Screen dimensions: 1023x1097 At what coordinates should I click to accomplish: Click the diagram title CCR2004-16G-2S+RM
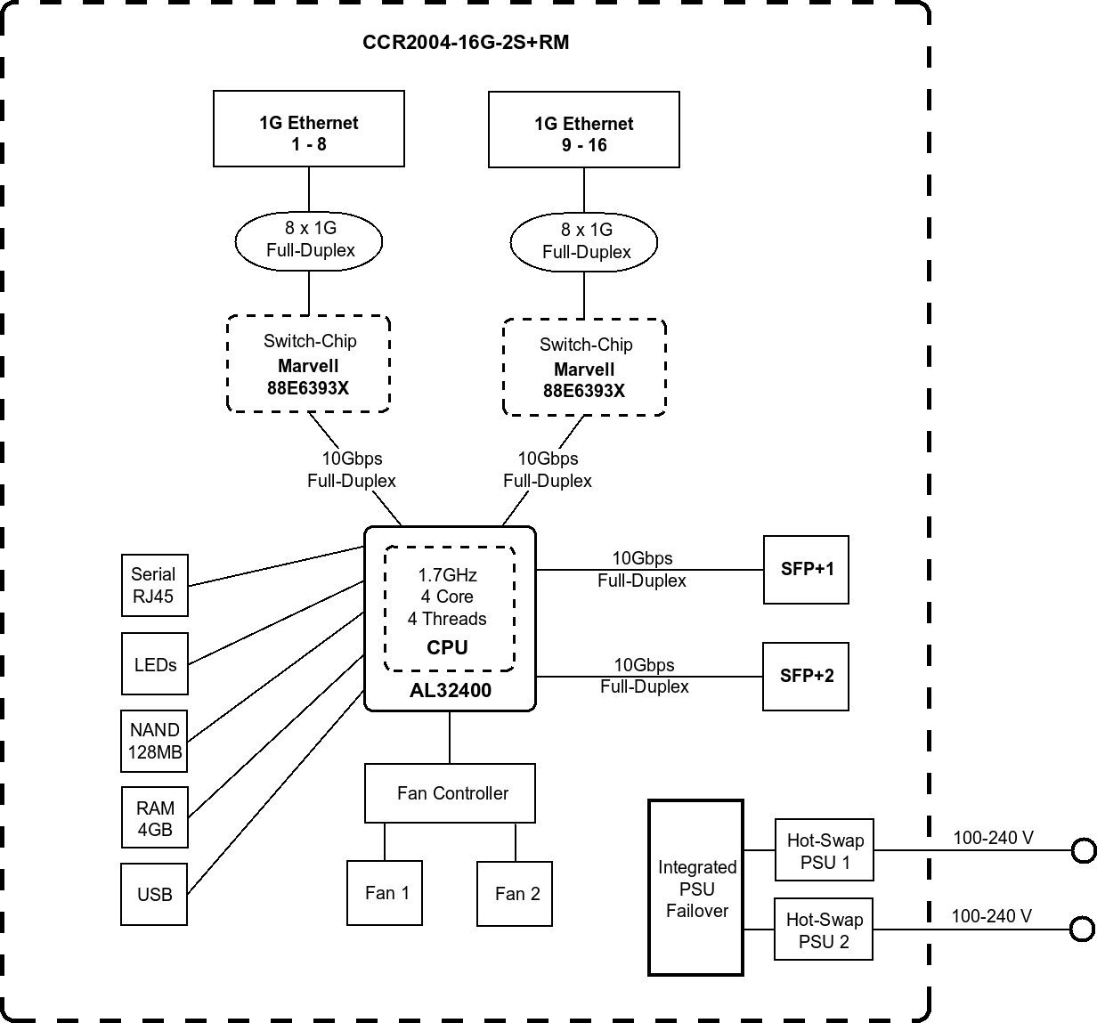466,42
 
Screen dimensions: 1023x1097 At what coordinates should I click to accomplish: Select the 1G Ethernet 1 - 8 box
309,129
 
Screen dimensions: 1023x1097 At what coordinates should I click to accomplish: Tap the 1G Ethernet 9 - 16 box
584,130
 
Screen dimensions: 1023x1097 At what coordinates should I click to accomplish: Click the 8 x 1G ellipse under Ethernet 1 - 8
309,240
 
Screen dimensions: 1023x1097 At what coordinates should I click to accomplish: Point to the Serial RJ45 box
154,585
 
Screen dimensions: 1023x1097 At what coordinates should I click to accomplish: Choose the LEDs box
155,664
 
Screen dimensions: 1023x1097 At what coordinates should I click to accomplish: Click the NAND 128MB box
155,741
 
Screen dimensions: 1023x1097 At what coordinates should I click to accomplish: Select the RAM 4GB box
155,818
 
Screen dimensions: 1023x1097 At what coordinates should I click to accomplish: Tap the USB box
154,894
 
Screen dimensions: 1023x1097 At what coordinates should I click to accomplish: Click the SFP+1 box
807,570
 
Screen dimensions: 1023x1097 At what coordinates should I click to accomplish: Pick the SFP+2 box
806,677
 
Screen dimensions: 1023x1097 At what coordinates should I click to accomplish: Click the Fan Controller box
451,793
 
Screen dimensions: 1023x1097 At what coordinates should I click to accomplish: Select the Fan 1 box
386,893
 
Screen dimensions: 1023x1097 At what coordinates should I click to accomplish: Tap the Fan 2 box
516,894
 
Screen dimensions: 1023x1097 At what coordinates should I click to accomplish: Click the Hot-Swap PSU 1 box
825,850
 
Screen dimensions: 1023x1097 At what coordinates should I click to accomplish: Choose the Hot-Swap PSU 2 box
824,930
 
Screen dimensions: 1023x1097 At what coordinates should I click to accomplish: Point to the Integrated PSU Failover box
696,888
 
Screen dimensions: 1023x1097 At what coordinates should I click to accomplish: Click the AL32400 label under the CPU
450,691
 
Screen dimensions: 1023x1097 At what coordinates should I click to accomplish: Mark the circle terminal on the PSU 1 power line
1083,851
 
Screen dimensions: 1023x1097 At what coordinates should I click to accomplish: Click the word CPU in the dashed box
448,647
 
